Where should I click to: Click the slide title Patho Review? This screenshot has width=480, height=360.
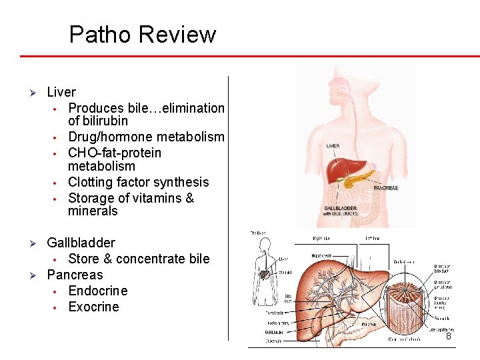point(143,35)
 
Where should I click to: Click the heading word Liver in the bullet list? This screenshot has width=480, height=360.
point(61,92)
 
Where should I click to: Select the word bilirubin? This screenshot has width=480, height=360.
point(98,121)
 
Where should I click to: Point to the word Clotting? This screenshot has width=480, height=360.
point(91,182)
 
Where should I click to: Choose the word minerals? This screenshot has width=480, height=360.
point(93,211)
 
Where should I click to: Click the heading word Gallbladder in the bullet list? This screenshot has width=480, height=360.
point(81,243)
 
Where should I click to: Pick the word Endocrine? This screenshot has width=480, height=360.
point(97,291)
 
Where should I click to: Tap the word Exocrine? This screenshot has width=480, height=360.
point(93,307)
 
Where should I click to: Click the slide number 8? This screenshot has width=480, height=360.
point(449,337)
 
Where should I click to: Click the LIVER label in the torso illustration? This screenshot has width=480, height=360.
point(333,145)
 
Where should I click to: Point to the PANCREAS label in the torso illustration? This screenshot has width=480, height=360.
point(385,188)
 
